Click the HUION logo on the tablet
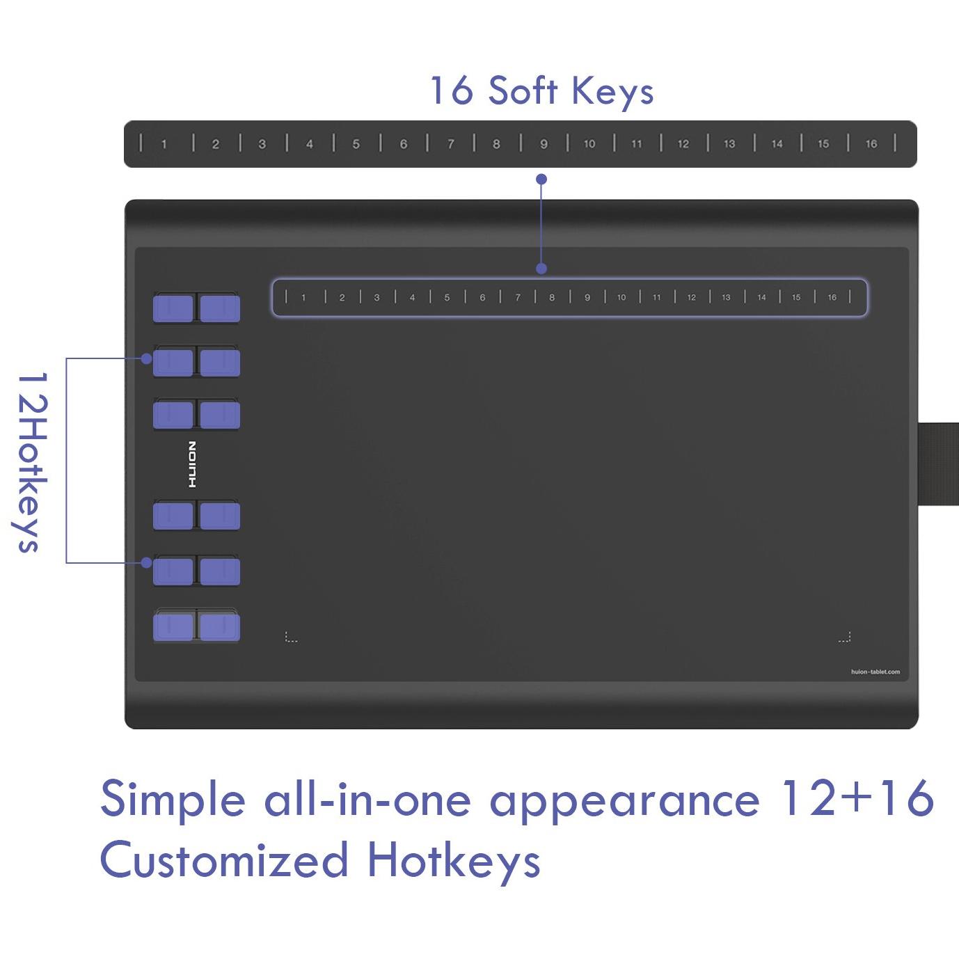point(192,464)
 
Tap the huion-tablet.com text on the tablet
point(875,672)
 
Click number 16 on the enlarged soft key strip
point(871,144)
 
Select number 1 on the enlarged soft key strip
point(164,144)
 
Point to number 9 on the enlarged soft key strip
point(544,144)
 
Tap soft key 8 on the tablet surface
point(551,298)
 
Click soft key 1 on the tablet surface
point(303,298)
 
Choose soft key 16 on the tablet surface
point(832,298)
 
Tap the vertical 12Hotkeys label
point(31,462)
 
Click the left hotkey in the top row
point(173,308)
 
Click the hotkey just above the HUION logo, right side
point(220,415)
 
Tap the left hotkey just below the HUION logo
point(173,516)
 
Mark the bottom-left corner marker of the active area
point(291,637)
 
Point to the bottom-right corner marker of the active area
point(845,637)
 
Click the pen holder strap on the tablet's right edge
point(939,463)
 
